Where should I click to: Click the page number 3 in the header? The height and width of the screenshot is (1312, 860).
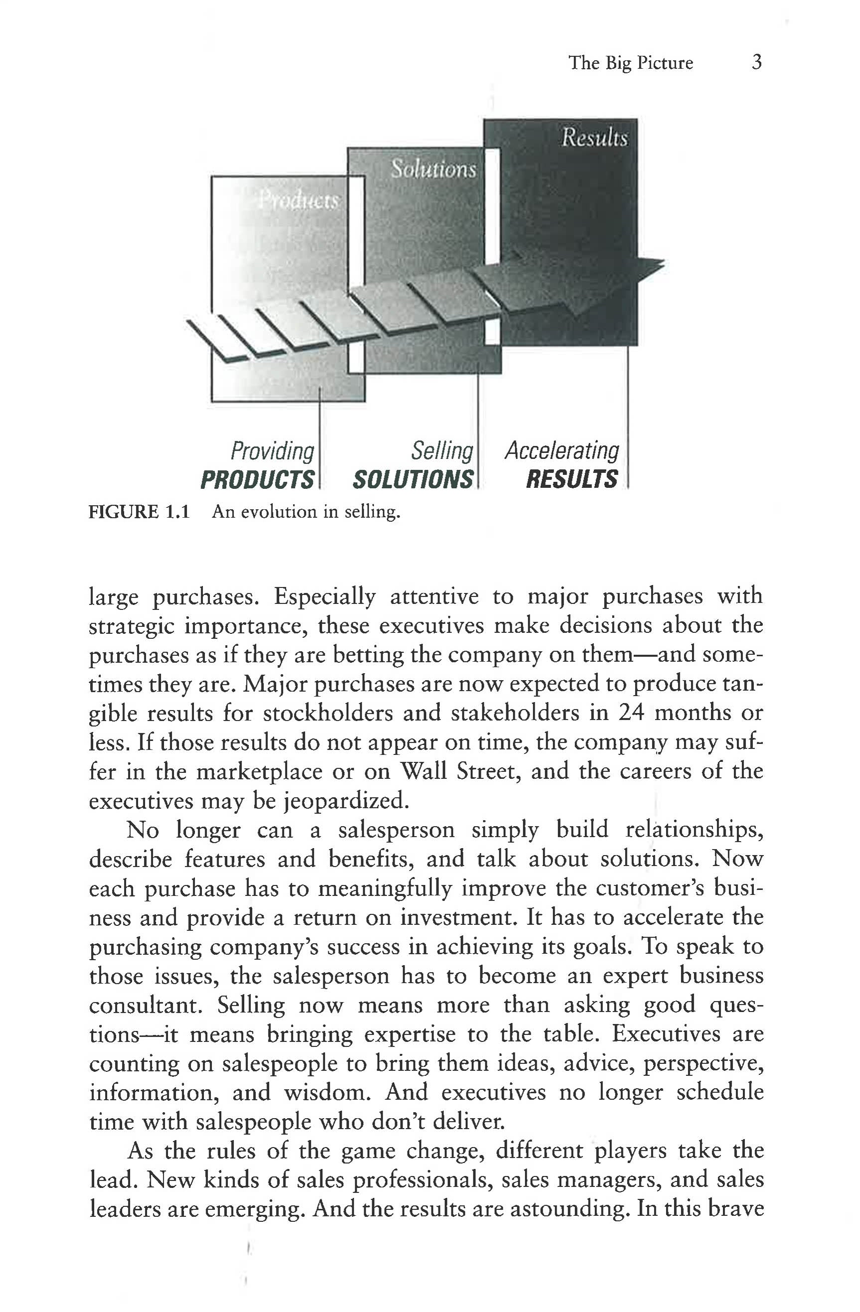tap(756, 62)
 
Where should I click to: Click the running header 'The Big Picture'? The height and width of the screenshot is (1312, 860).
tap(631, 63)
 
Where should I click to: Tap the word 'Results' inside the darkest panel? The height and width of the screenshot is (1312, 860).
tap(594, 138)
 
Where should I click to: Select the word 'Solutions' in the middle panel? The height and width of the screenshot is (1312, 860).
tap(433, 169)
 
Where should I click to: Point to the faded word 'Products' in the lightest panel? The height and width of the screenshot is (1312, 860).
tap(299, 201)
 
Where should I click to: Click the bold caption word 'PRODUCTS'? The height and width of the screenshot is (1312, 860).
tap(258, 479)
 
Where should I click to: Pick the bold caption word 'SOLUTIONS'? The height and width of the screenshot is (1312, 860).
tap(413, 479)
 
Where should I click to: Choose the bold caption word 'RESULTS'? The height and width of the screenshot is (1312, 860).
tap(572, 479)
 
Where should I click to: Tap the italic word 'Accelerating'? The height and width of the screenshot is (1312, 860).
tap(562, 451)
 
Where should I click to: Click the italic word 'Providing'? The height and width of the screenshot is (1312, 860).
tap(273, 451)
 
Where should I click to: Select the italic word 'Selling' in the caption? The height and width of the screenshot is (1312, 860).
tap(442, 451)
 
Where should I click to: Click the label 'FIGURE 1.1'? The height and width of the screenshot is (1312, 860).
tap(139, 512)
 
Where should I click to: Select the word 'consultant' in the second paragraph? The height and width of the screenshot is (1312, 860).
tap(145, 1005)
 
